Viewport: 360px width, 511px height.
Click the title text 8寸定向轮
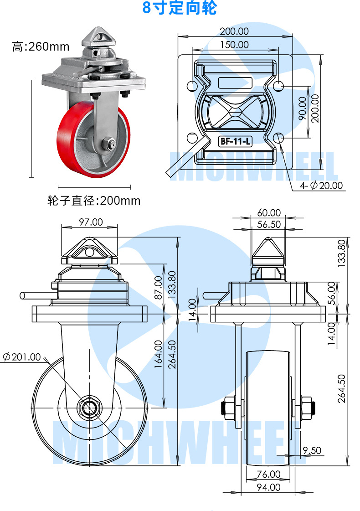pos(180,8)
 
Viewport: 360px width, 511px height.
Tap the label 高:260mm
pos(41,46)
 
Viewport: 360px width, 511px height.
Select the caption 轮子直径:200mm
pos(94,200)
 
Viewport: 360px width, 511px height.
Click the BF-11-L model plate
pos(235,141)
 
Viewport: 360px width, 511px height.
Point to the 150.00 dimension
pos(234,45)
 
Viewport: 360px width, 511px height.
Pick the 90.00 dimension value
pos(301,108)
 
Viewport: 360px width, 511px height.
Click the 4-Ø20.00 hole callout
pos(321,186)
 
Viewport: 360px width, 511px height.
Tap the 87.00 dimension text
pos(158,288)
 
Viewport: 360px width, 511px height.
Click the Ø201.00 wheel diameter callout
pos(22,357)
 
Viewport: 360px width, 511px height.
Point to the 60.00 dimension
pos(269,213)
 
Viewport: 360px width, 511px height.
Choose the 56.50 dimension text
pos(269,224)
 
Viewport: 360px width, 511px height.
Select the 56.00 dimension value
pos(331,293)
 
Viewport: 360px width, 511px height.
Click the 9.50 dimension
pos(312,450)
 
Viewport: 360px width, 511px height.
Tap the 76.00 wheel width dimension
pos(268,474)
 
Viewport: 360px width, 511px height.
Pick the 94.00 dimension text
pos(268,487)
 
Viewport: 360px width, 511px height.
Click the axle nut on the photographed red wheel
pos(109,143)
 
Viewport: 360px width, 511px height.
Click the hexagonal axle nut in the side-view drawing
pos(89,407)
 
